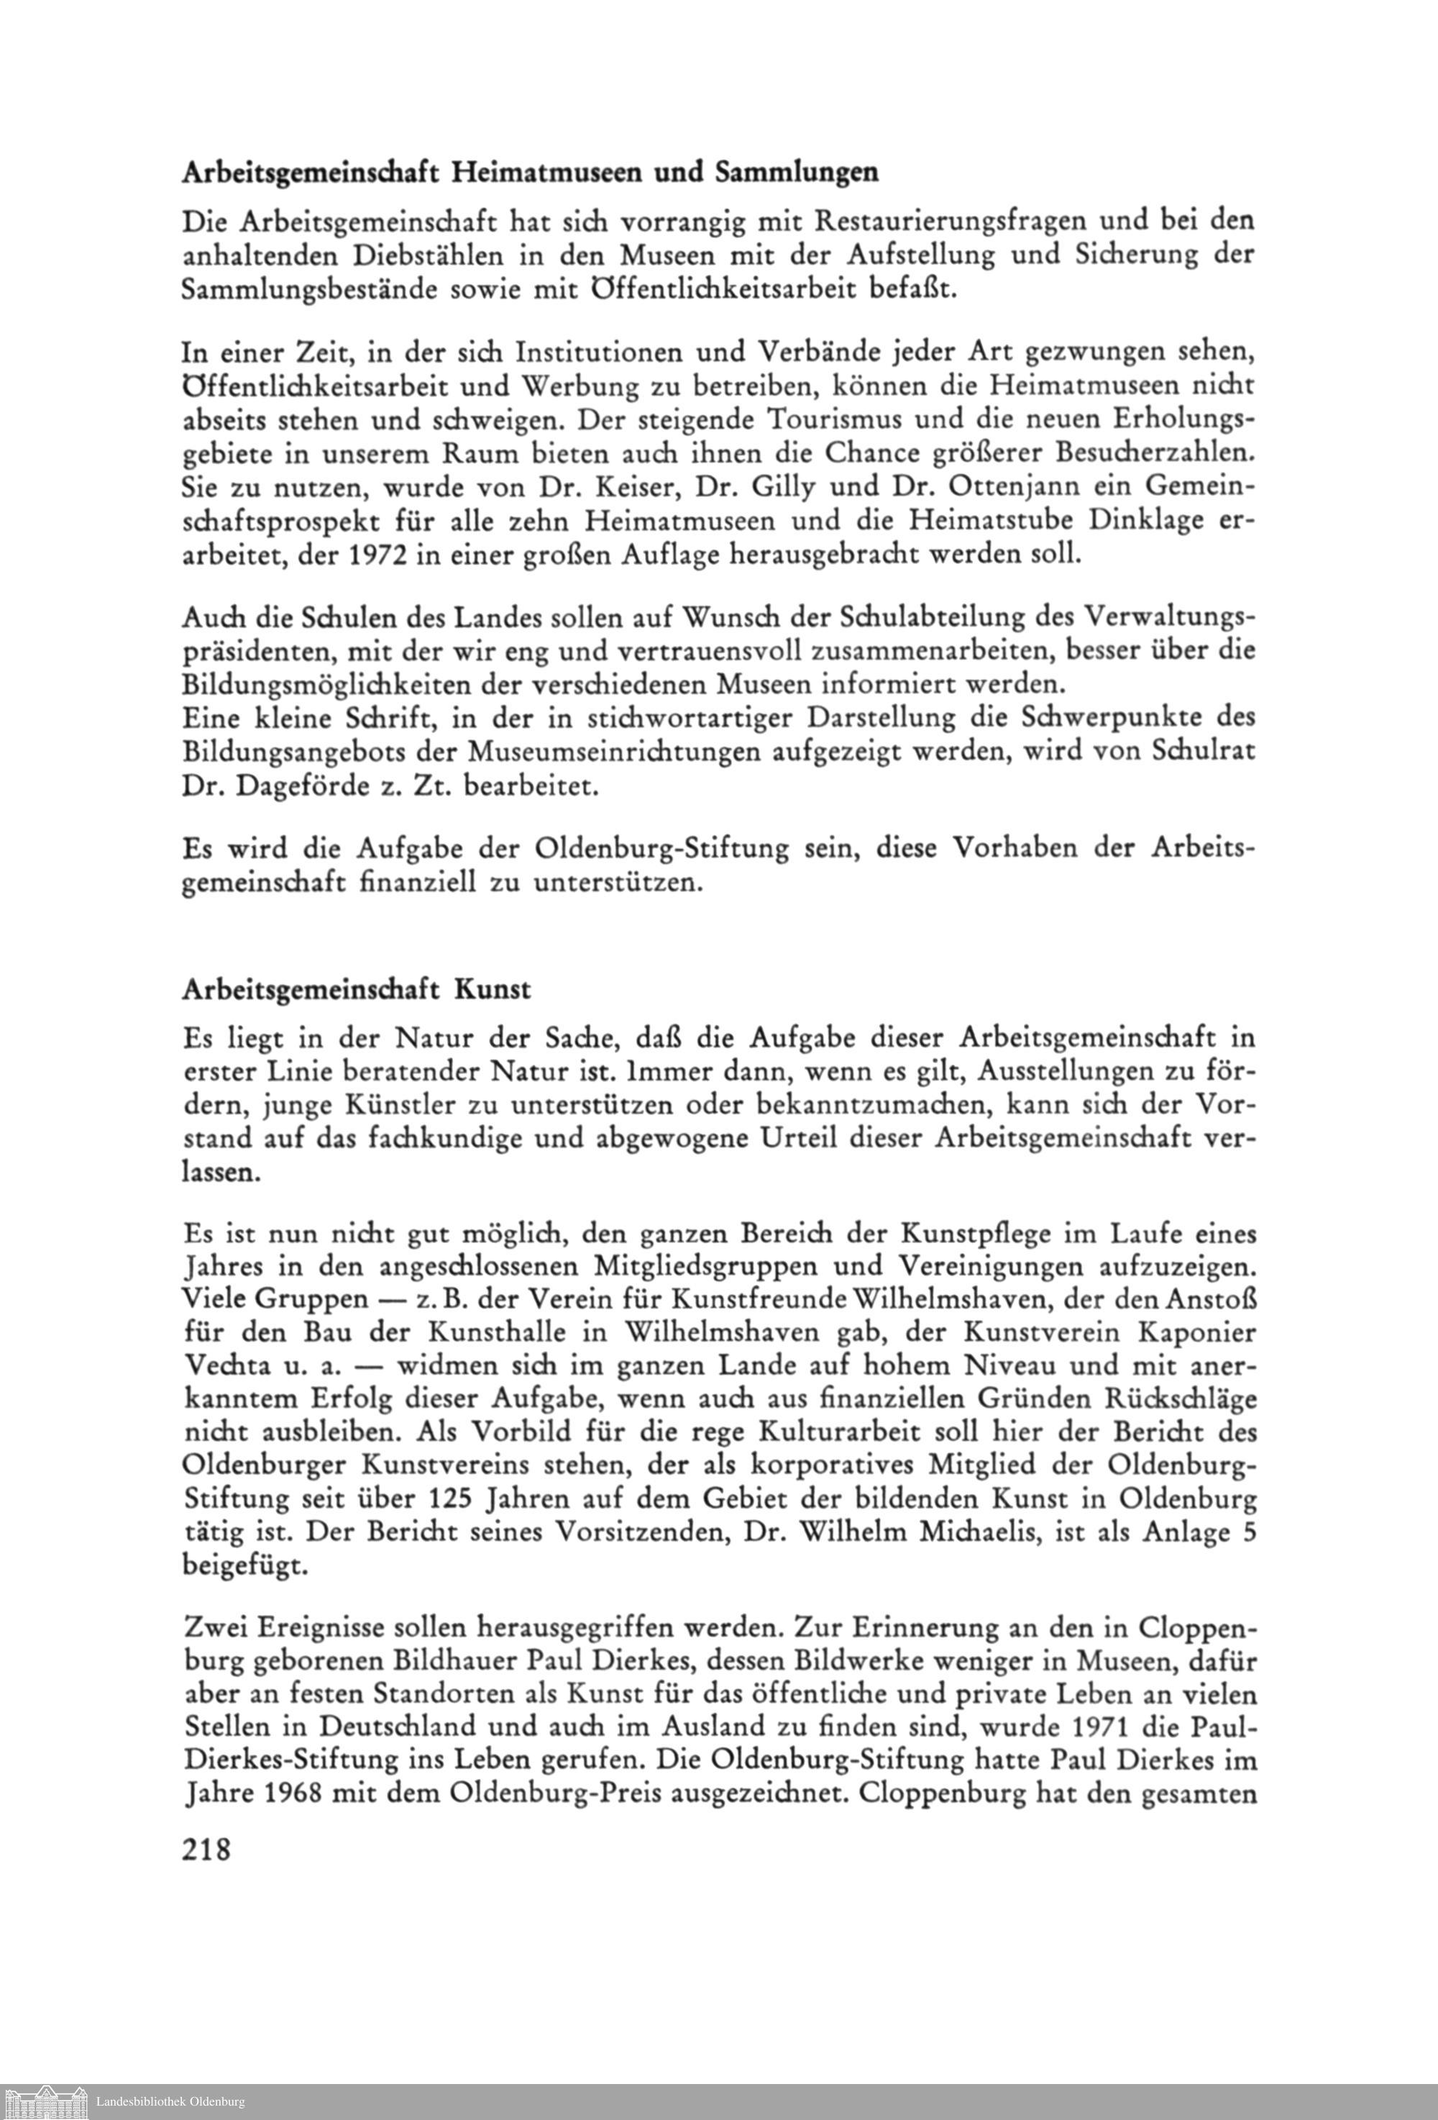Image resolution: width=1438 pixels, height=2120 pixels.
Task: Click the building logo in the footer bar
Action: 45,2103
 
